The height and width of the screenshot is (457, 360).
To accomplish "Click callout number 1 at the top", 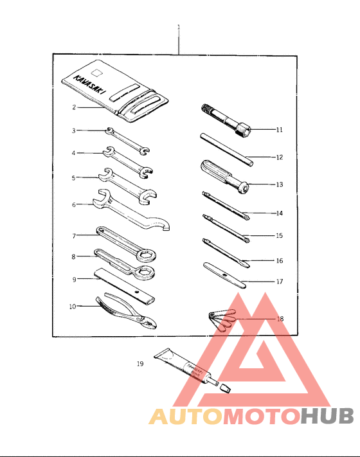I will click(178, 27).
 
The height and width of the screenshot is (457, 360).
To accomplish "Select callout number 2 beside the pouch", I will click(74, 107).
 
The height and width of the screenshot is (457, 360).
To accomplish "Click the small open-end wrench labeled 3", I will click(128, 141).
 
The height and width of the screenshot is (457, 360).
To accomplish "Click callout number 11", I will click(280, 130).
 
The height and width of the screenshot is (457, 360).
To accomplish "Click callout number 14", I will click(280, 213).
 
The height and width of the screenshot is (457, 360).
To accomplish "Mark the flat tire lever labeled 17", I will click(225, 274).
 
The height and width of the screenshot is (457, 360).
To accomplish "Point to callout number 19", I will click(140, 364).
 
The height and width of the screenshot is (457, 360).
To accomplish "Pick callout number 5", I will click(74, 177).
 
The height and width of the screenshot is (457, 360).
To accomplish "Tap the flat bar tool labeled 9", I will click(125, 287).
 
